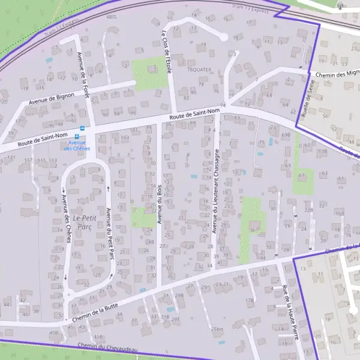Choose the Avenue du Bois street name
[x=160, y=204]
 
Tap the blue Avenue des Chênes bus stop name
[x=76, y=145]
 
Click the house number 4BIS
[x=110, y=17]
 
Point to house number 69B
[x=286, y=135]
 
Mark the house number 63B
[x=322, y=151]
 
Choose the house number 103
[x=125, y=138]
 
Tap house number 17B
[x=250, y=299]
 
